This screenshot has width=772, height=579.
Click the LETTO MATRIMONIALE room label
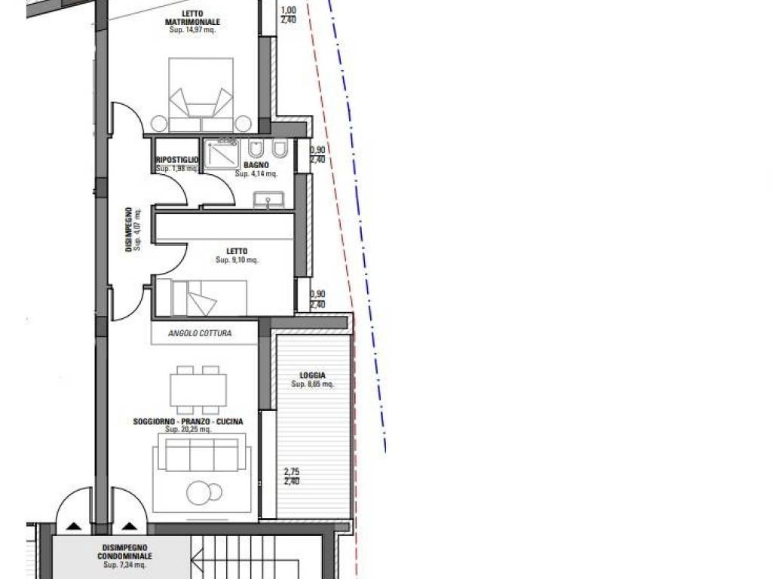(x=192, y=18)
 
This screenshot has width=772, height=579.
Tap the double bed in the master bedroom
(x=200, y=94)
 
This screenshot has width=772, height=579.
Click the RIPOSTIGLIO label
(x=176, y=160)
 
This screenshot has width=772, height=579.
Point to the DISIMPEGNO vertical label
(x=129, y=229)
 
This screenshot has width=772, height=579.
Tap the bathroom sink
(x=268, y=200)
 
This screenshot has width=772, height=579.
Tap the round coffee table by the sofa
(x=200, y=493)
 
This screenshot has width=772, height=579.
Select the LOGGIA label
(x=312, y=375)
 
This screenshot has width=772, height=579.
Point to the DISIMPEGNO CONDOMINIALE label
(x=125, y=552)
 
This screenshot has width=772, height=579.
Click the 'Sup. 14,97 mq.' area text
(x=192, y=30)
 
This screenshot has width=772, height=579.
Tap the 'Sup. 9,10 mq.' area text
(x=237, y=260)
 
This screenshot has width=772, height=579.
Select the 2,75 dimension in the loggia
(x=292, y=473)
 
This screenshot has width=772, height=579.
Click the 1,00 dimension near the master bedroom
(x=288, y=11)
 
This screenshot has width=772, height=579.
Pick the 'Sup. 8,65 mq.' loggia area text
(x=312, y=384)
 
